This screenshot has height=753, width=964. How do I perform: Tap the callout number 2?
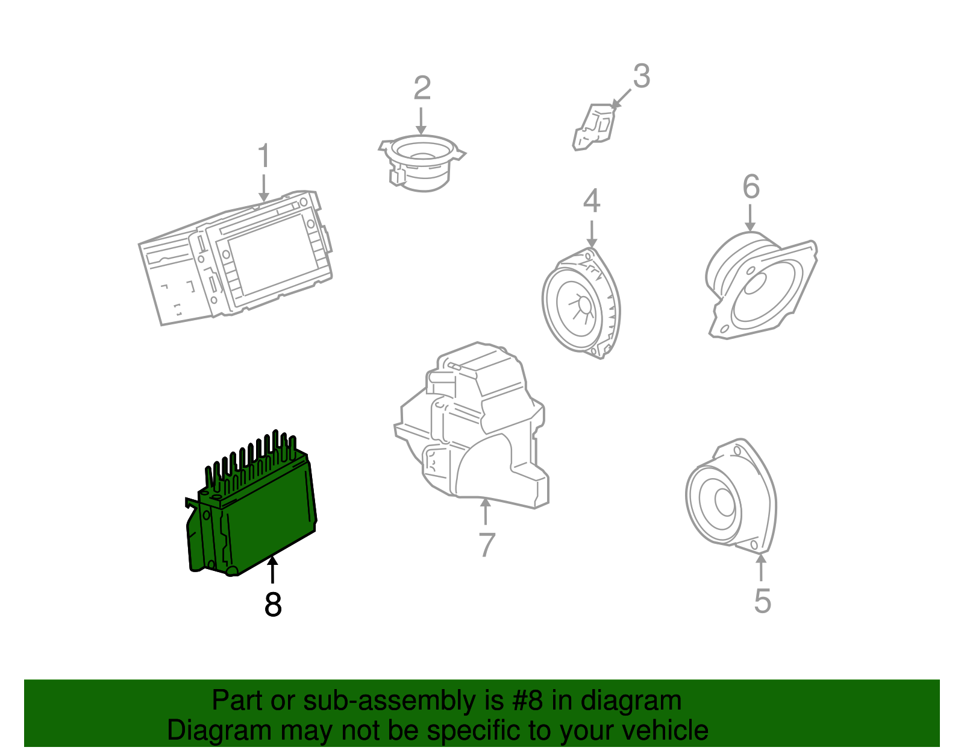point(422,88)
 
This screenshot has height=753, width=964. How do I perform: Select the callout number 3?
point(641,77)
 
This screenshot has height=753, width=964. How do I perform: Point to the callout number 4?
point(591,201)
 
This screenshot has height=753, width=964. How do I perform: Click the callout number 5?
point(762,601)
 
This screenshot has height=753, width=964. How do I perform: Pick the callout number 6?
point(751,187)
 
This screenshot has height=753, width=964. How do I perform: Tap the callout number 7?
point(486,544)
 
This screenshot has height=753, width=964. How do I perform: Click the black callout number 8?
point(273,604)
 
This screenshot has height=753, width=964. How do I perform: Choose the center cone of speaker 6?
point(754,283)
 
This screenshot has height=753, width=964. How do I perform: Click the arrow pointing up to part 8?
point(273,570)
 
